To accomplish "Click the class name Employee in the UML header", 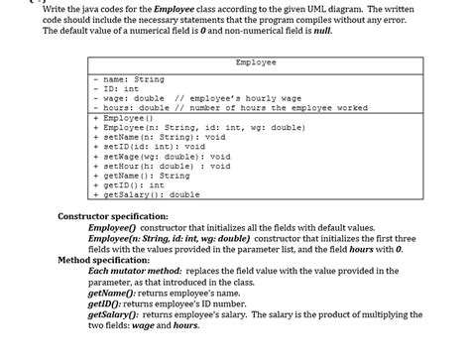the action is tap(256, 62).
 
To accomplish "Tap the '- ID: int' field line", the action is tap(120, 88).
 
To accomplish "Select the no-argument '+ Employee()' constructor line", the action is tap(123, 117).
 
